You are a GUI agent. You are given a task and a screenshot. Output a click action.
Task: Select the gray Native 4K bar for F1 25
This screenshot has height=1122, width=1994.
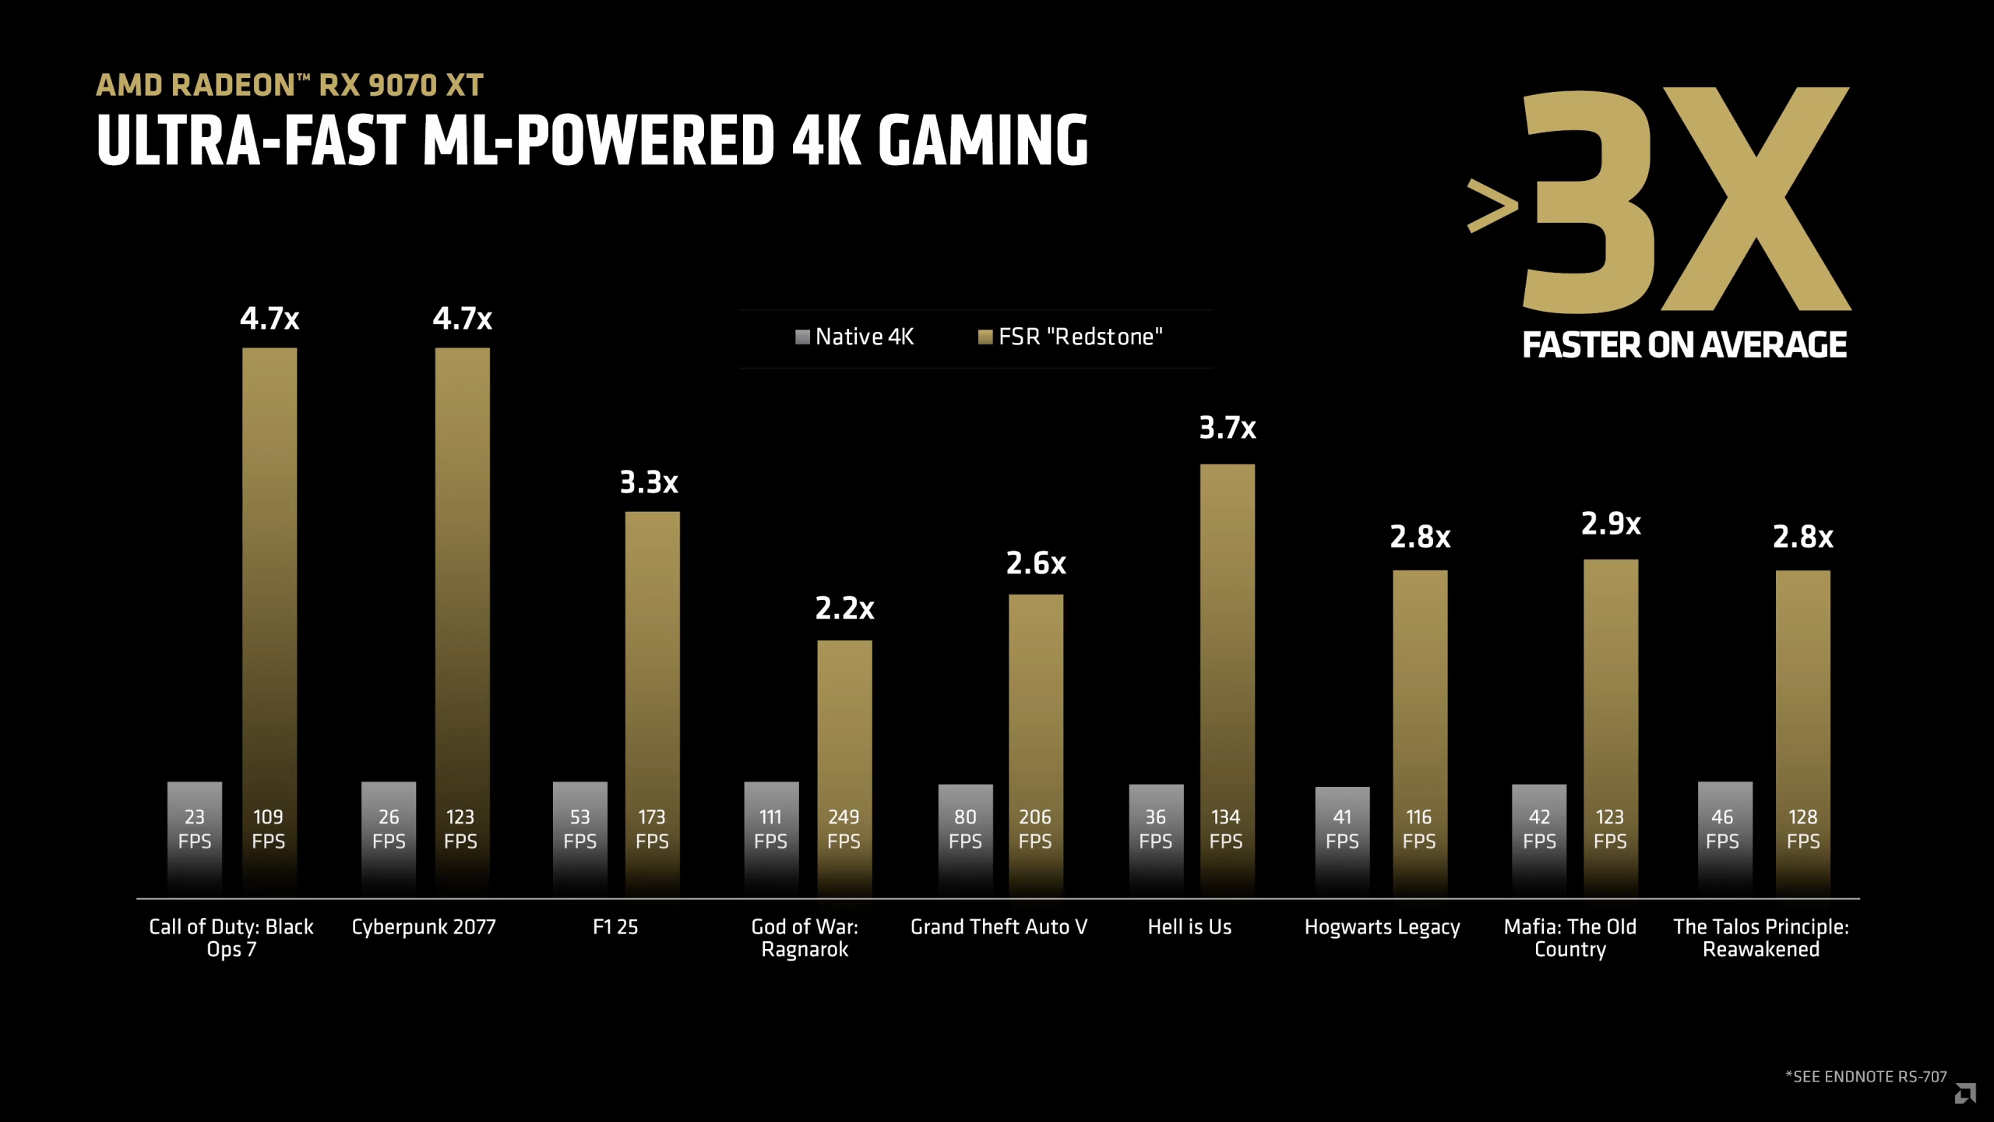point(580,834)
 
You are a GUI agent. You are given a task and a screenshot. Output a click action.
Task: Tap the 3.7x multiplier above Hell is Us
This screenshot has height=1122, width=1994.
point(1227,428)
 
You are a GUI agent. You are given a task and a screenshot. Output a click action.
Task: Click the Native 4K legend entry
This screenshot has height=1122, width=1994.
point(854,337)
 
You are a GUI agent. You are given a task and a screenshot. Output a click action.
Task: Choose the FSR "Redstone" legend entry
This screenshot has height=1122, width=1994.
point(1070,337)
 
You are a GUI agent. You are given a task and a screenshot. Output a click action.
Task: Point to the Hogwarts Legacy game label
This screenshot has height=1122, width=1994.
point(1382,927)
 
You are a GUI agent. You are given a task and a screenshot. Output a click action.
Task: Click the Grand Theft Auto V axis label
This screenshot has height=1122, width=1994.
point(999,927)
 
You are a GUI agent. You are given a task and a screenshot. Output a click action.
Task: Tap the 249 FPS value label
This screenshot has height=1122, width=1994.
point(844,829)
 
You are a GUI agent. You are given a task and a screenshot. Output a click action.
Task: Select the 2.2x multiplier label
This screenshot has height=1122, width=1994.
point(844,608)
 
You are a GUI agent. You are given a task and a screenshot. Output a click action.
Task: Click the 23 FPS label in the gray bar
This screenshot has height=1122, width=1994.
point(195,829)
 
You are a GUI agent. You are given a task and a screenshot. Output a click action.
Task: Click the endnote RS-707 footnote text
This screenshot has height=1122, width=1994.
point(1865,1077)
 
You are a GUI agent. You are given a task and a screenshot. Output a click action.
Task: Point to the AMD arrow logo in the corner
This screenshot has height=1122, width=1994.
point(1964,1094)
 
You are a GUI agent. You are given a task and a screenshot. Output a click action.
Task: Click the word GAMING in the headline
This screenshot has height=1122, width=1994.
point(983,140)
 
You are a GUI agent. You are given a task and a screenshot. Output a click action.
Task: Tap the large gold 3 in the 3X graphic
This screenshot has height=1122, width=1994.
point(1589,201)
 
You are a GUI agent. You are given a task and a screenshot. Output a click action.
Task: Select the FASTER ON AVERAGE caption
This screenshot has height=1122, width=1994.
point(1684,345)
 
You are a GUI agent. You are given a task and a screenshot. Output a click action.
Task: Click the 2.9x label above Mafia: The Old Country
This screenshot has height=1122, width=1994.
point(1611,524)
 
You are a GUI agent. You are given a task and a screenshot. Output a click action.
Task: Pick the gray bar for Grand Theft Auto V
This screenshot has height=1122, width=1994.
point(965,834)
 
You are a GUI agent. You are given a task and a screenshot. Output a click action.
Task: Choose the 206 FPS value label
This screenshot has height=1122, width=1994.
point(1035,829)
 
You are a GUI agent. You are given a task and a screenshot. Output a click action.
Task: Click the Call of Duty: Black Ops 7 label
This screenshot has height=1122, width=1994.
point(231,938)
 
